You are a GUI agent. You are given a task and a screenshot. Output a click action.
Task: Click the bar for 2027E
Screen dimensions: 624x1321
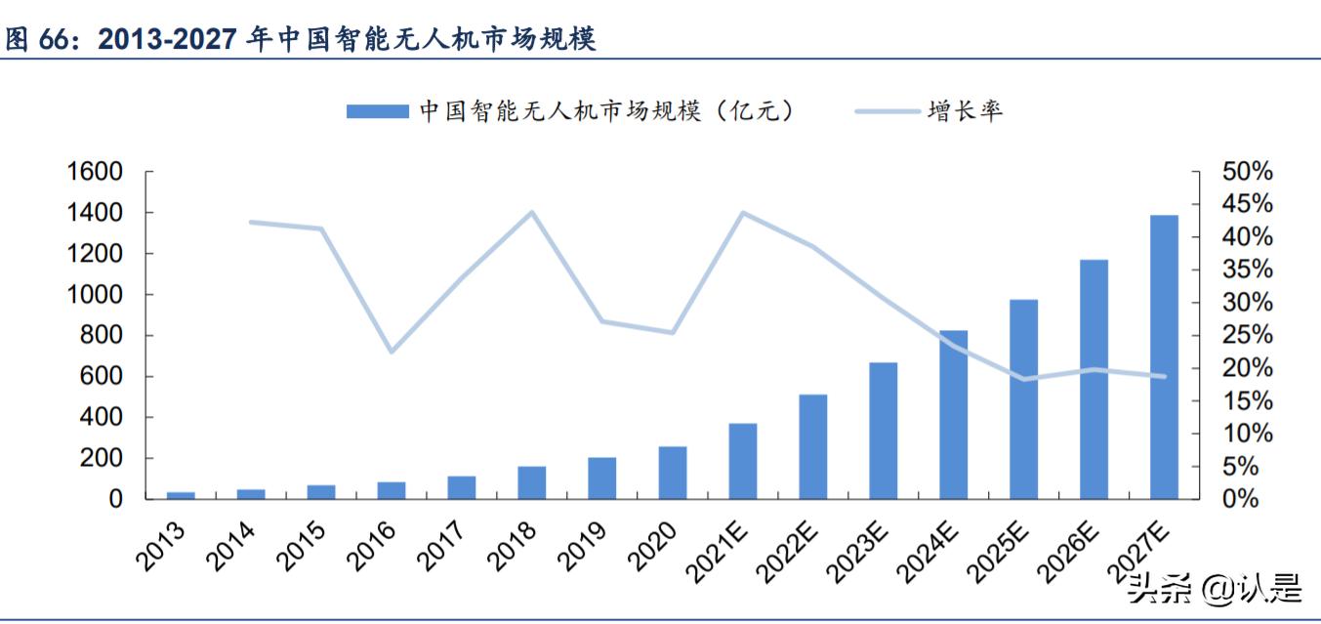point(1164,357)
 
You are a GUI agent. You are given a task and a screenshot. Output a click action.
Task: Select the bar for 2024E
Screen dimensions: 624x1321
point(953,415)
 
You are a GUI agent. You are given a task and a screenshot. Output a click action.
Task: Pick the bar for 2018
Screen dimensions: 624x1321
point(531,482)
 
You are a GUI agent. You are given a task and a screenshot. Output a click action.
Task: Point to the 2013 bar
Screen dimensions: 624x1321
point(181,495)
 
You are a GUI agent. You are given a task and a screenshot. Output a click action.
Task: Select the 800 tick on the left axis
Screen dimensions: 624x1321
point(102,336)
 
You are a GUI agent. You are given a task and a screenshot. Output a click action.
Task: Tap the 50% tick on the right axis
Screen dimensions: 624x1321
point(1247,172)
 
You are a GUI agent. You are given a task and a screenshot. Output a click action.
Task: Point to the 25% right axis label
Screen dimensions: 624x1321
point(1247,336)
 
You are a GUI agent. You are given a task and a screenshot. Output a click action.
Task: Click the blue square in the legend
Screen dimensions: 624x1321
point(377,111)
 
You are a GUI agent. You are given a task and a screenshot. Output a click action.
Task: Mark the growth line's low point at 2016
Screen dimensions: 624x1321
point(392,351)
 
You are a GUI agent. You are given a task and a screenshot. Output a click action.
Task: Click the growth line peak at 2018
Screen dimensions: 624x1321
point(531,212)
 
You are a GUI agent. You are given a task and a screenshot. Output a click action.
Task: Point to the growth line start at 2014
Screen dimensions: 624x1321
point(251,222)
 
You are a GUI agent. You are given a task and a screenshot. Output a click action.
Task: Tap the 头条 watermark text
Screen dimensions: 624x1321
point(1159,589)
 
